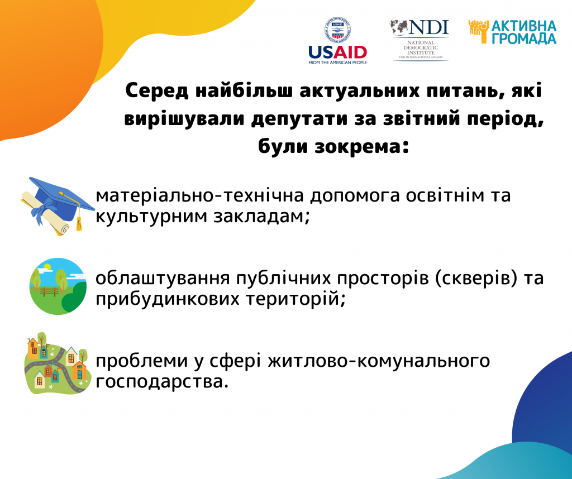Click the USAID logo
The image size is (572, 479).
337,41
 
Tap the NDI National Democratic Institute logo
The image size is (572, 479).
420,39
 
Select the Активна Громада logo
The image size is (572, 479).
513,32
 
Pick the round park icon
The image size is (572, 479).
58,286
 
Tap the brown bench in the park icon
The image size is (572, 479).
50,291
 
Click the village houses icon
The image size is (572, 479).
58,363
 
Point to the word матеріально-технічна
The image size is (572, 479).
200,195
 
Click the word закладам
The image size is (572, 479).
261,217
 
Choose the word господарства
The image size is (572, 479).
162,382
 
